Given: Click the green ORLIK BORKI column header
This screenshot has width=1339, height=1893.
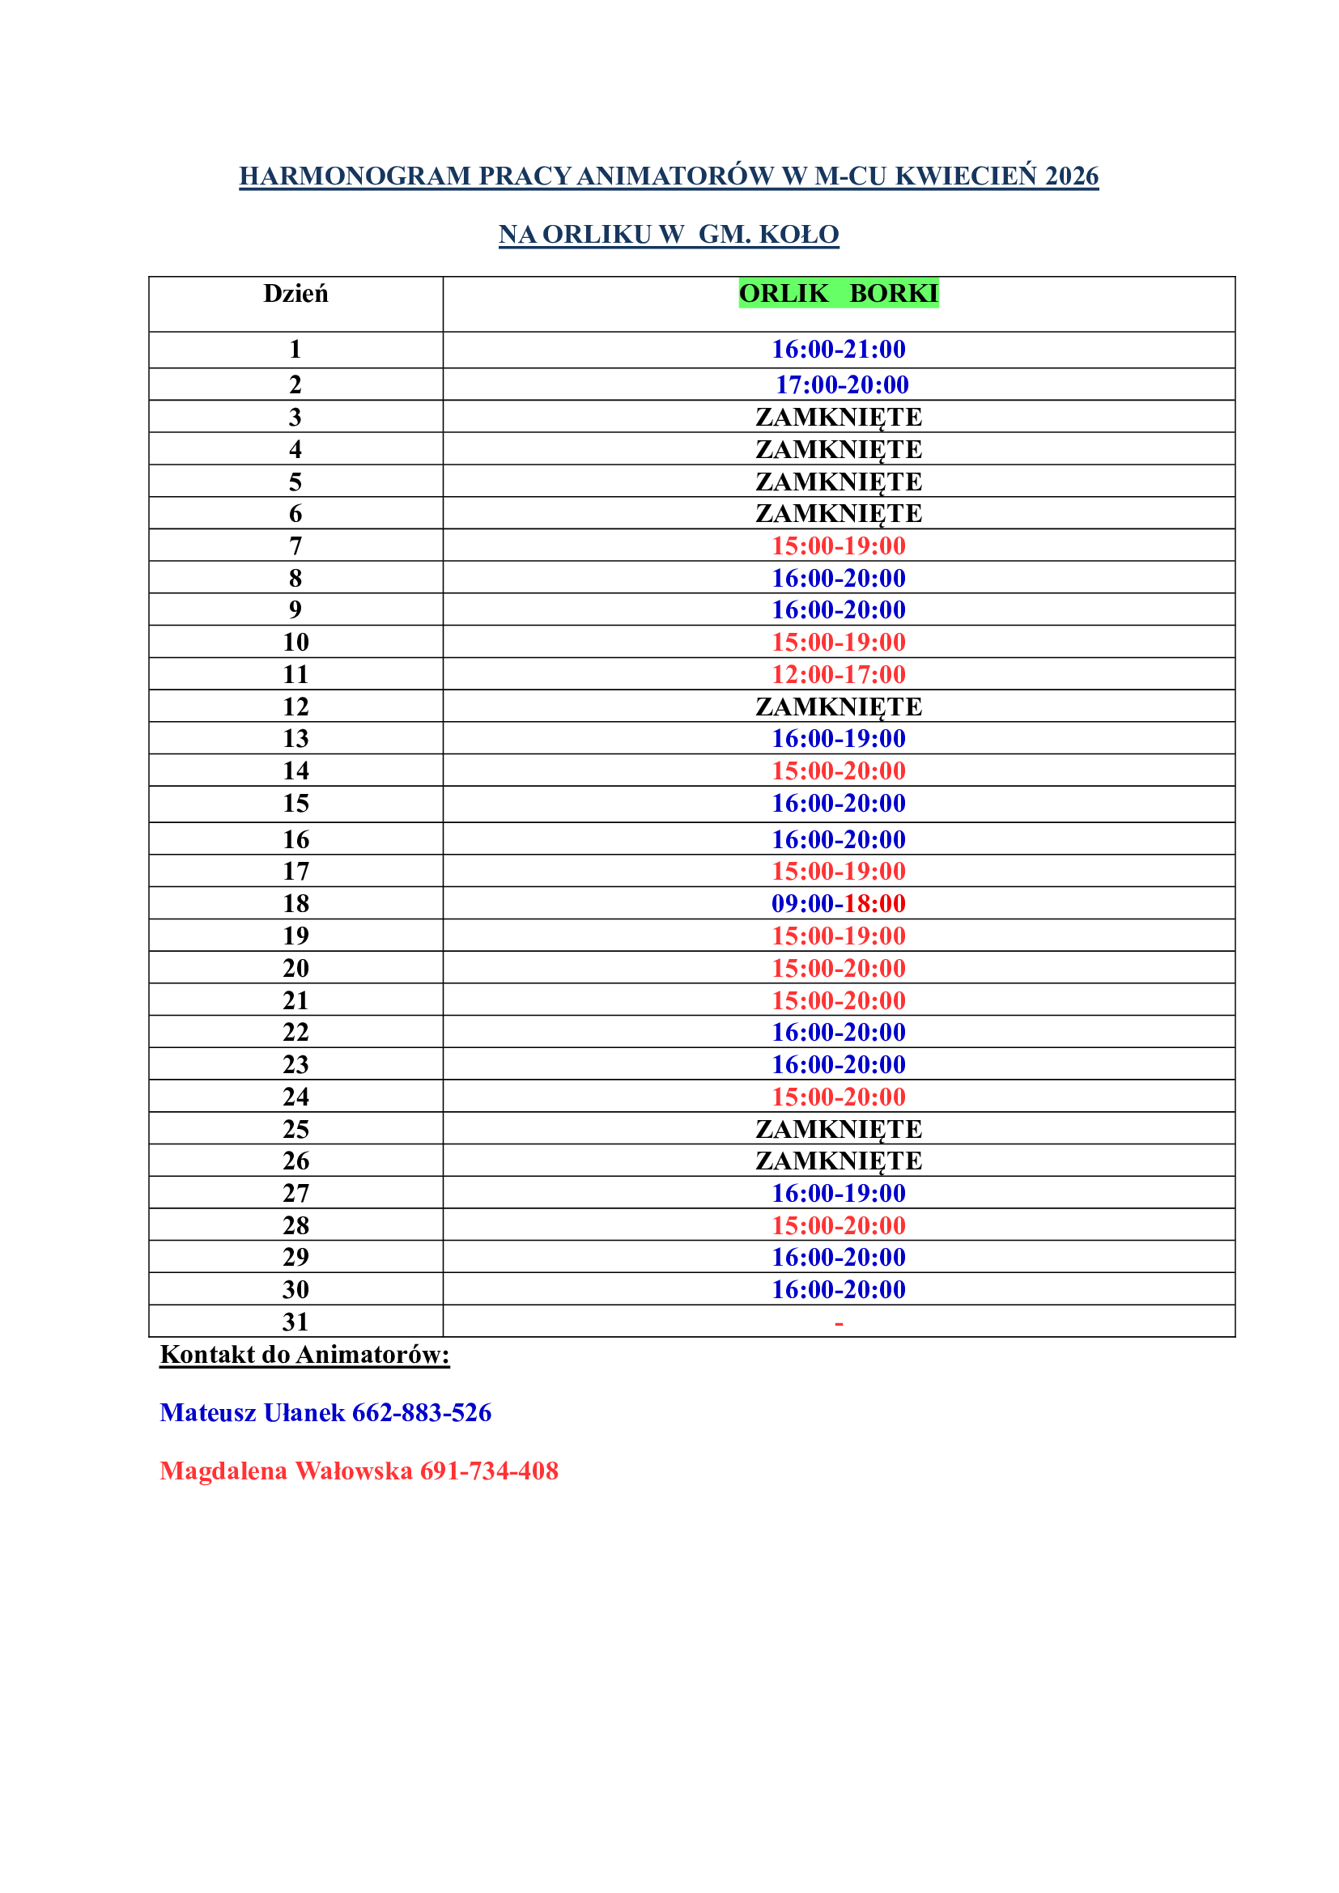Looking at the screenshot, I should tap(838, 294).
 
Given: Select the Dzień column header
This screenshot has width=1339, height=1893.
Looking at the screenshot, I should tap(295, 294).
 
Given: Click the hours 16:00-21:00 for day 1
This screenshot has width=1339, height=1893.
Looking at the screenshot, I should tap(838, 350).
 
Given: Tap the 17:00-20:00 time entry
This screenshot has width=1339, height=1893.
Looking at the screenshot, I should tap(841, 385).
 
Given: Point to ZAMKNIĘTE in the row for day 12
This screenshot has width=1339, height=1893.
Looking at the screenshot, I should tap(838, 707).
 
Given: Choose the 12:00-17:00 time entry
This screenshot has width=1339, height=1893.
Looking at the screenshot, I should tap(838, 674).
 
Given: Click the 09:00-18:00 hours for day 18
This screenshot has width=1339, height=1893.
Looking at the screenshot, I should tap(838, 904).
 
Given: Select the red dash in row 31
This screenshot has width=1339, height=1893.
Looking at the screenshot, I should tap(839, 1323).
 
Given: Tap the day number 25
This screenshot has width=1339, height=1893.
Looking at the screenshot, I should tap(295, 1129).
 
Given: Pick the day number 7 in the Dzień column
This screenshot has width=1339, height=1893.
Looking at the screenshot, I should tap(295, 545).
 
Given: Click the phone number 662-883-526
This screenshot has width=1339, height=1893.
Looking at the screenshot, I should tap(421, 1412).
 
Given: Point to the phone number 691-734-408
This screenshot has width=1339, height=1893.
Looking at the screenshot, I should tap(489, 1470).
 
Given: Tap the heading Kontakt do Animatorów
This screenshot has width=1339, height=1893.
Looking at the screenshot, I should tap(304, 1354).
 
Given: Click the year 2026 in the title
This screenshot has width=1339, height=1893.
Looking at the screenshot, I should tap(1071, 176).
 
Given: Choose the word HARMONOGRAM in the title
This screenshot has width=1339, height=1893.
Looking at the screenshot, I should tap(355, 176).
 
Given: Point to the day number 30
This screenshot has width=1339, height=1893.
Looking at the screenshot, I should tap(295, 1289).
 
